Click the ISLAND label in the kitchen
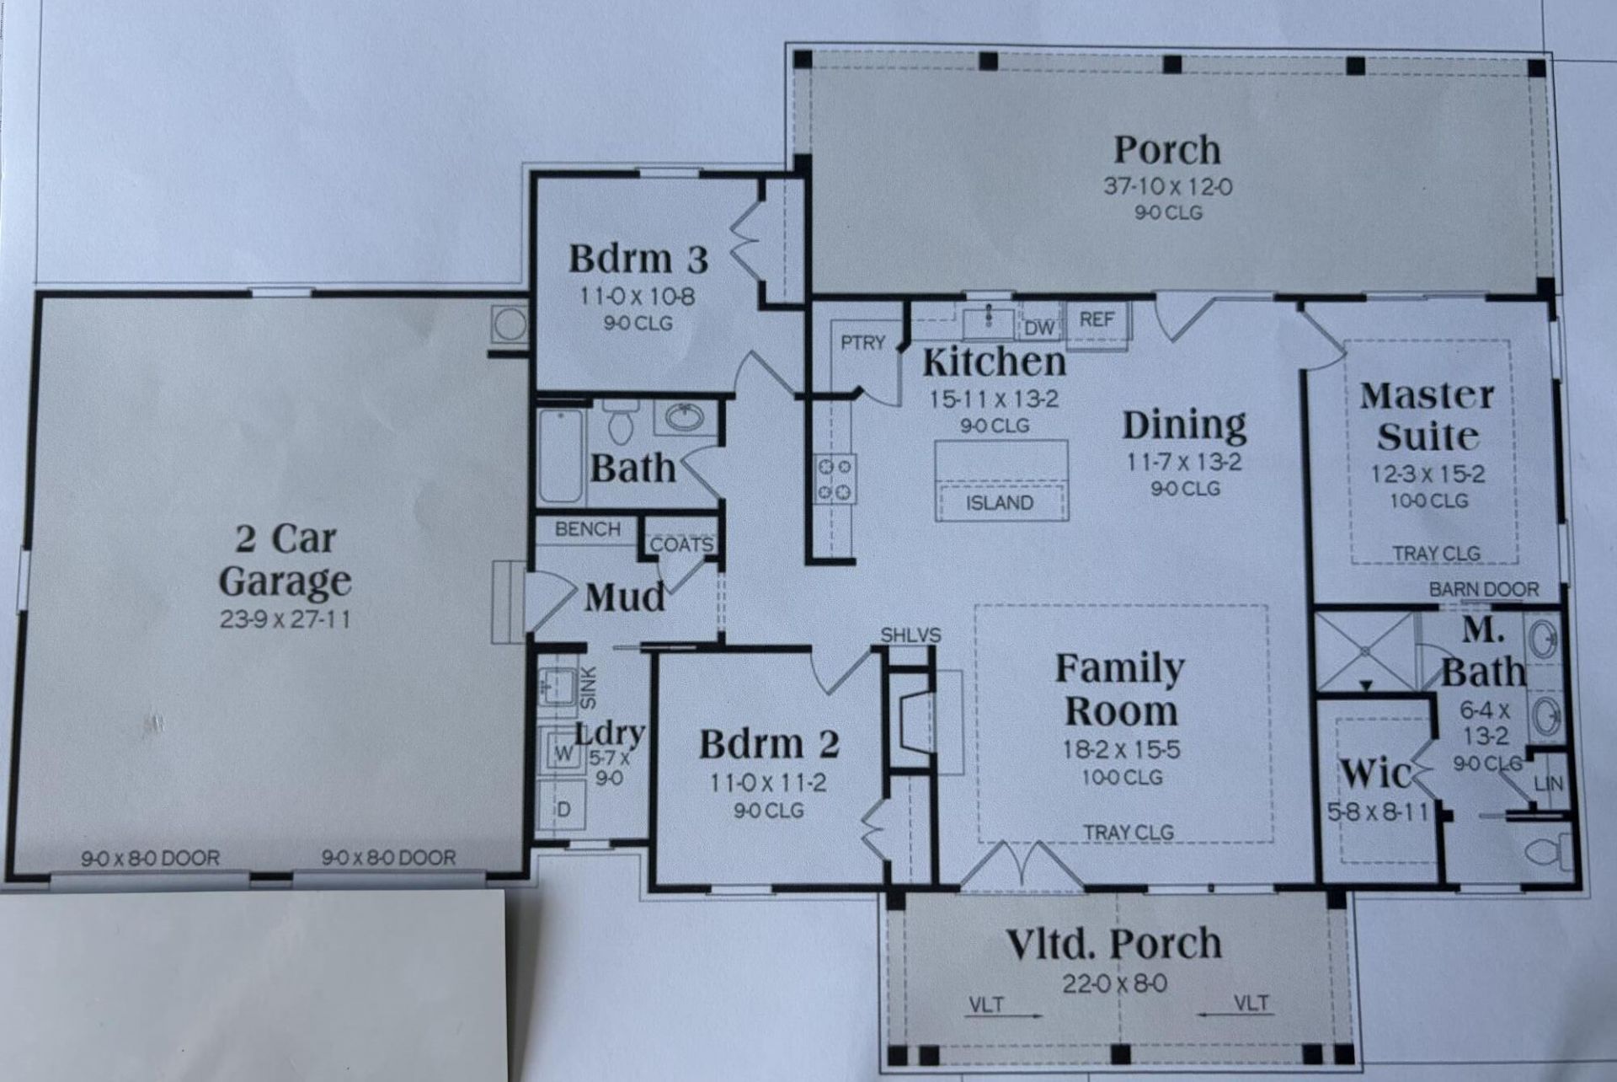[1000, 503]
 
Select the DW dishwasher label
[1041, 328]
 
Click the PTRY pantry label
[863, 342]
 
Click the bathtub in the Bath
[561, 455]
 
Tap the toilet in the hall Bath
[622, 421]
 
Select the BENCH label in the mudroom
[588, 529]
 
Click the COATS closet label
[682, 544]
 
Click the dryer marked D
[563, 809]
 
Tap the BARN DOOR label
[1484, 590]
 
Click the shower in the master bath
[1364, 651]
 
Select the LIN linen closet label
[1548, 784]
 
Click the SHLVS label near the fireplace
[911, 635]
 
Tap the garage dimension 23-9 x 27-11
[285, 619]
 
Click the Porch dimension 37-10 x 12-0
[1168, 186]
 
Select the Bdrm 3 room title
[638, 259]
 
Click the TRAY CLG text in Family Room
[1129, 833]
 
